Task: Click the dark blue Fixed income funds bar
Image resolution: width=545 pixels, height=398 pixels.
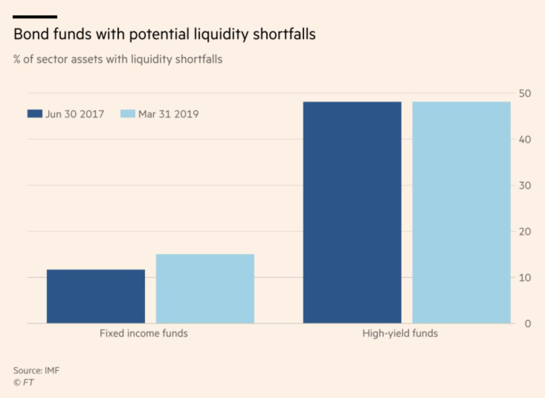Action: click(96, 296)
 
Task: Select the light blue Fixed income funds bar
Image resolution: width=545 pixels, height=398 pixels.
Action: click(205, 289)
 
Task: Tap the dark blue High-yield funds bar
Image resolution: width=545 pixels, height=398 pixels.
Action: click(352, 213)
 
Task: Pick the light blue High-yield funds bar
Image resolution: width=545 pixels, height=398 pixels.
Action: click(461, 213)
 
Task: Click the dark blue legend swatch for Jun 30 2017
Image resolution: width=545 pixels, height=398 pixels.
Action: click(35, 114)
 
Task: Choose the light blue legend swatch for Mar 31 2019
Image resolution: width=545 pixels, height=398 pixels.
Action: click(128, 114)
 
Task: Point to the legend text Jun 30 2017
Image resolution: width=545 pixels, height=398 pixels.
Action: click(74, 114)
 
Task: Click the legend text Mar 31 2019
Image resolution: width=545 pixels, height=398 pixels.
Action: click(168, 114)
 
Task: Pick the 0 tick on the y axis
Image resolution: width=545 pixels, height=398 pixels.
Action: click(527, 324)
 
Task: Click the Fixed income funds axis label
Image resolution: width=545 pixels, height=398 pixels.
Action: click(144, 333)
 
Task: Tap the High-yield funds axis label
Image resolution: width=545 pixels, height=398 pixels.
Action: click(400, 333)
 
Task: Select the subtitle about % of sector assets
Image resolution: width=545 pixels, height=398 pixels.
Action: click(118, 59)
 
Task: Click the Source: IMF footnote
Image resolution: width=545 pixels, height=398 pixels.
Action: click(36, 371)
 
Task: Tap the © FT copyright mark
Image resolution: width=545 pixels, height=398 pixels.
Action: click(24, 383)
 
